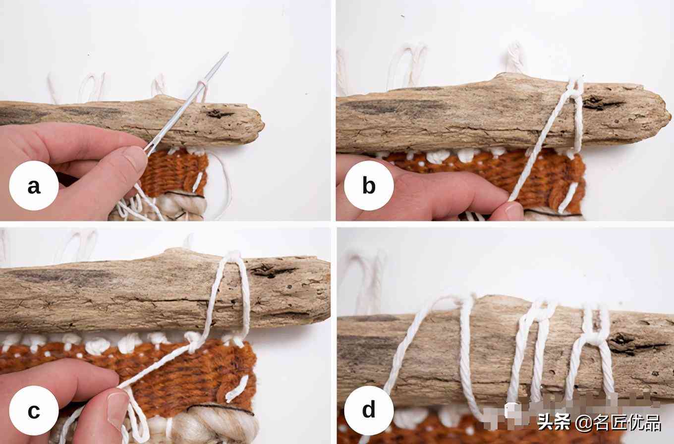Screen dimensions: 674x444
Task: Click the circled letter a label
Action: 34,186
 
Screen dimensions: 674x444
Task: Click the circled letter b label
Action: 369,186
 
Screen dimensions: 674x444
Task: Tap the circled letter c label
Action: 34,410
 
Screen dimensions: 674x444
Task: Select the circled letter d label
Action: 369,410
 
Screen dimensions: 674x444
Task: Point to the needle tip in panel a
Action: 228,53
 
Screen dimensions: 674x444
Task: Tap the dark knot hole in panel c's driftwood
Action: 269,271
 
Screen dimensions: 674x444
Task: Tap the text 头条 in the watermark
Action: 554,422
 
